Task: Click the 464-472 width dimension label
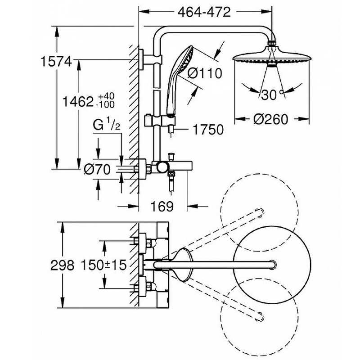204,12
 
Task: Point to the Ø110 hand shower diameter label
205,73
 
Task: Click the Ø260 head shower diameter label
270,119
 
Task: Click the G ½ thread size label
106,126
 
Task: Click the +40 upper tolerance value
106,96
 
